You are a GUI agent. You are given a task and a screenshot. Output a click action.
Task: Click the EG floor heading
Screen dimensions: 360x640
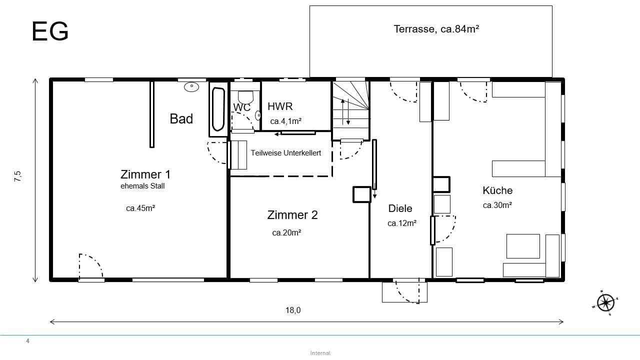pos(50,32)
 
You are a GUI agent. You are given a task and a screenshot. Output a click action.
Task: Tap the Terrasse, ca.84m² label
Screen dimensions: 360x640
pos(436,29)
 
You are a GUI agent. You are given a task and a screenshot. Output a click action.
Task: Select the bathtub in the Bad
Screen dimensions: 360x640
pos(218,109)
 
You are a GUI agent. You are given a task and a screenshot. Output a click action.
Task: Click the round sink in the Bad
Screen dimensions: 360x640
pos(191,87)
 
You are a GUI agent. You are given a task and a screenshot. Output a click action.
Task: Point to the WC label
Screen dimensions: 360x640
pos(241,107)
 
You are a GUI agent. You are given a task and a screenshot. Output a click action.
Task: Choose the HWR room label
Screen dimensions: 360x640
pos(280,106)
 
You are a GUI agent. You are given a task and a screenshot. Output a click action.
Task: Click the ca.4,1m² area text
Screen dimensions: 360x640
pos(285,121)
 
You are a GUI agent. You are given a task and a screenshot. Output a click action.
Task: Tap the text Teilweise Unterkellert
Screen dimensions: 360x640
pos(285,153)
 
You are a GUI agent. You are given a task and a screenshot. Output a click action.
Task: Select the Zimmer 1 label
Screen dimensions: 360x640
pos(145,174)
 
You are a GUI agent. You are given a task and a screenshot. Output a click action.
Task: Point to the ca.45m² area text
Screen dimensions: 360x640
pos(140,208)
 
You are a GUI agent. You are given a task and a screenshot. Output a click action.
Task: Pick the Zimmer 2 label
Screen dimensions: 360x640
pos(292,215)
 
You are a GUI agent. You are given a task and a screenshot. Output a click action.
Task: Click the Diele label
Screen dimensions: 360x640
pos(400,208)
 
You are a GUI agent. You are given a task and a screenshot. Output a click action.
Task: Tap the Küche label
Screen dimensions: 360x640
pos(497,190)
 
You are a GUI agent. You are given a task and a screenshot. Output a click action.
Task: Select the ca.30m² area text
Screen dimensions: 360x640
pos(497,205)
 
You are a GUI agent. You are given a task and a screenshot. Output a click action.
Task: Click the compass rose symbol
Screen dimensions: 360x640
pos(605,302)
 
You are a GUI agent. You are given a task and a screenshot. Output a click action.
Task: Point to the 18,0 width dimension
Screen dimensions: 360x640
pos(293,310)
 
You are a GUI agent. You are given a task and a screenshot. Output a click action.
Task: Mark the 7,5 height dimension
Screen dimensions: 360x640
pos(18,176)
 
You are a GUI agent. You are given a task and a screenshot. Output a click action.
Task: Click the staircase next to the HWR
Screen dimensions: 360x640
pos(350,110)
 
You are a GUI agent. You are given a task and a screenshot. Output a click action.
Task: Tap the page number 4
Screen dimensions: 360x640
pos(28,341)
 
